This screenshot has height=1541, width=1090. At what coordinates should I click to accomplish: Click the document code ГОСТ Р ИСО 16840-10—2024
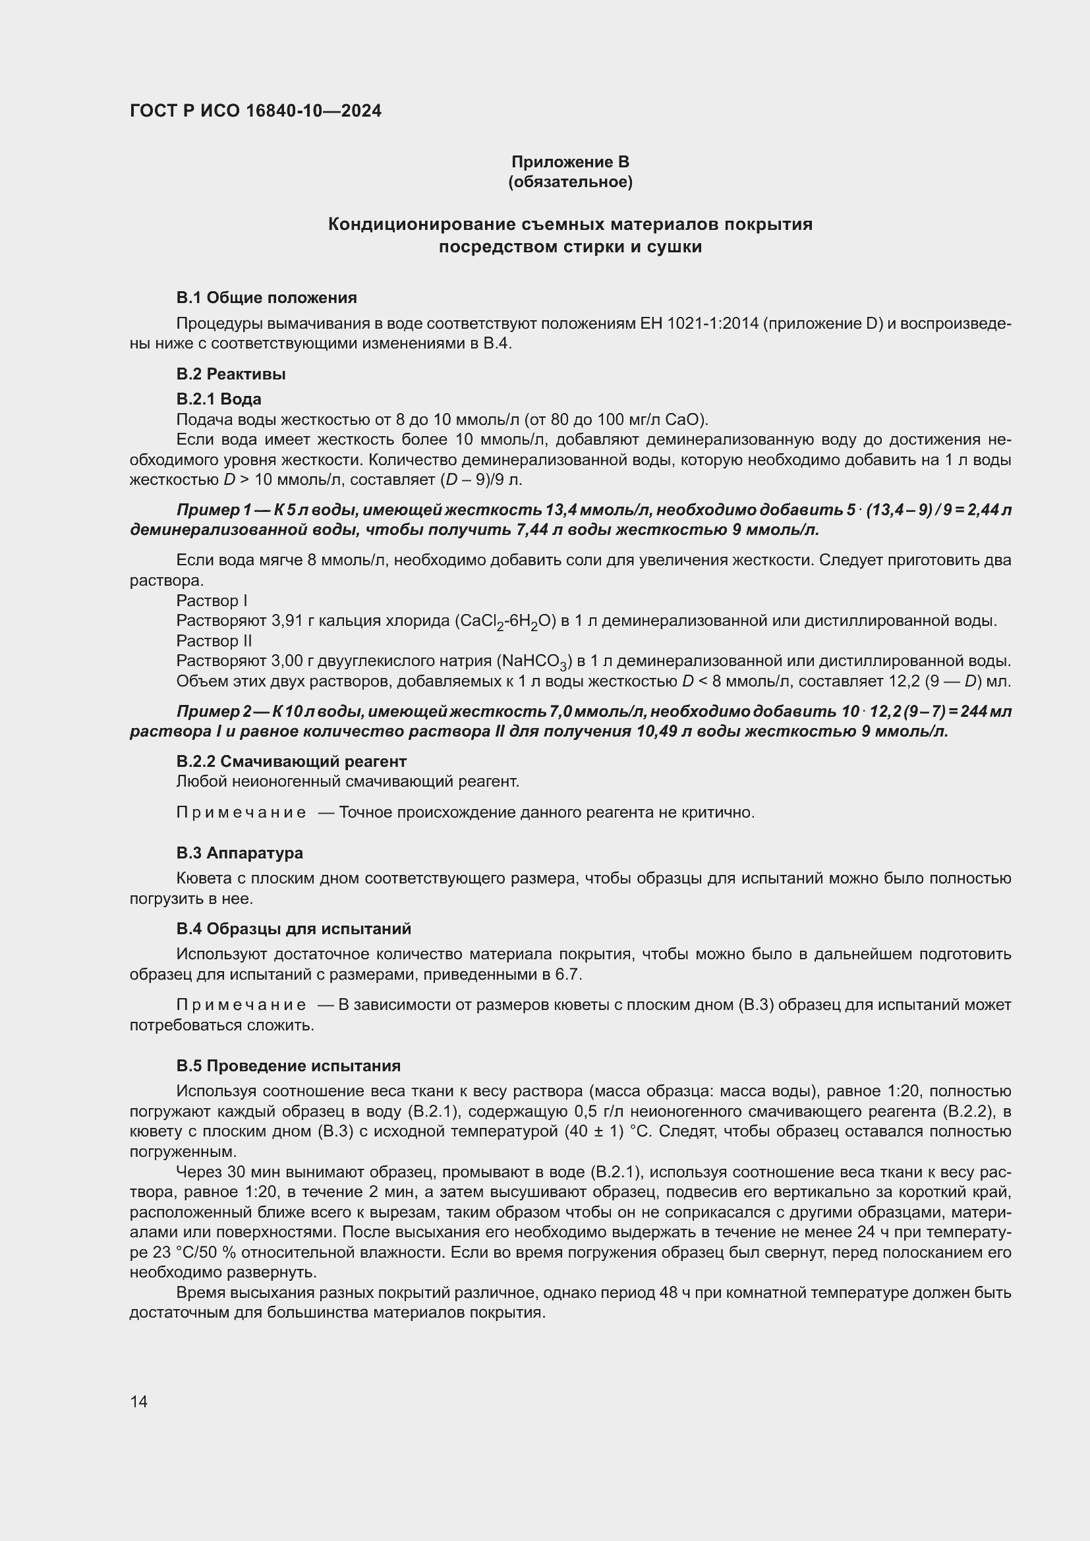point(255,111)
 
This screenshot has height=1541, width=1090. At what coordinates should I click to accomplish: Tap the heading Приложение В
point(570,162)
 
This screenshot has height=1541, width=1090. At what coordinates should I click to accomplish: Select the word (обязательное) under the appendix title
point(570,182)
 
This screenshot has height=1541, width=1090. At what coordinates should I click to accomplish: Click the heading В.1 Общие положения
point(266,297)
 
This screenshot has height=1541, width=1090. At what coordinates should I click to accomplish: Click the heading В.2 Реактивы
point(231,374)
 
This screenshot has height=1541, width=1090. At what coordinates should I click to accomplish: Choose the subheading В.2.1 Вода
point(219,399)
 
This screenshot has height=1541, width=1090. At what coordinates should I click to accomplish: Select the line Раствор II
point(214,641)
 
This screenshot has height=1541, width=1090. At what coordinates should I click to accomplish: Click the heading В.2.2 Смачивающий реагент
point(291,762)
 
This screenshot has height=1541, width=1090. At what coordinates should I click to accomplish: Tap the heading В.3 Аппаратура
point(240,853)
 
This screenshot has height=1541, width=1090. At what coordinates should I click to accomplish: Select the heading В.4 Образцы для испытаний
point(294,929)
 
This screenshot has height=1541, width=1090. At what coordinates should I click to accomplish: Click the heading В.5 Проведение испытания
point(289,1066)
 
